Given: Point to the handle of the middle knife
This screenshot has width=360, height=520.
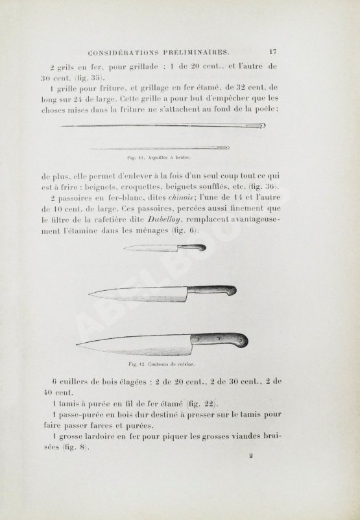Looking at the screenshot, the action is pos(213,291).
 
